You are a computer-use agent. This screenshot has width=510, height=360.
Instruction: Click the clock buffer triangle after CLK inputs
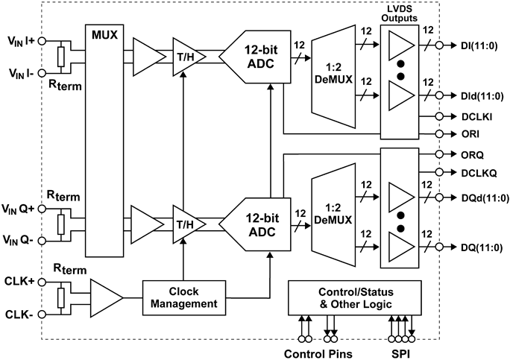tap(105, 297)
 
